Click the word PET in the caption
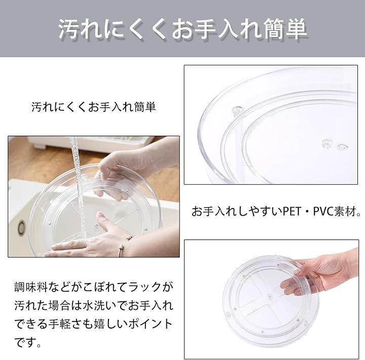click(292, 212)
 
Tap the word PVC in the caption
click(323, 212)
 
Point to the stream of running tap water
click(78, 186)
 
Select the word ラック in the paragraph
click(145, 287)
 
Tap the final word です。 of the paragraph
click(27, 342)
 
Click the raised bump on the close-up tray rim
click(237, 109)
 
